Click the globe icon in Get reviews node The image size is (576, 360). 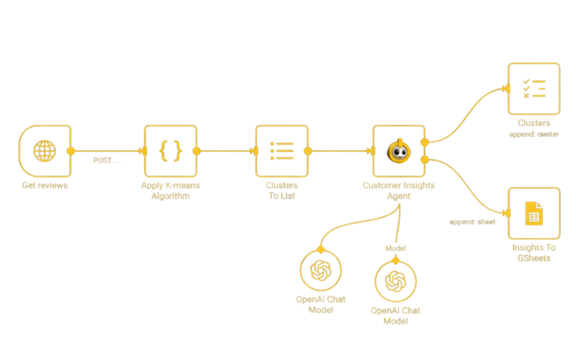tap(44, 151)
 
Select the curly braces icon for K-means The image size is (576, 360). tap(170, 151)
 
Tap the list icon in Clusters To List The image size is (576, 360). tap(282, 151)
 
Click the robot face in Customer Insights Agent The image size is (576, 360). tap(399, 151)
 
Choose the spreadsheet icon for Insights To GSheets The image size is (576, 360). tap(534, 214)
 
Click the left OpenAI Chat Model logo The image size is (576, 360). tap(321, 270)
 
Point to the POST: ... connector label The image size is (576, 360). tap(107, 160)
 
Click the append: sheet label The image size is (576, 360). tap(472, 222)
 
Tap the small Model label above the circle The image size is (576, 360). tap(395, 248)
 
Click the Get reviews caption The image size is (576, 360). tap(44, 185)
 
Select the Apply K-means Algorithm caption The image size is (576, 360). tap(170, 191)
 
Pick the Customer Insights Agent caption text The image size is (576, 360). tap(399, 191)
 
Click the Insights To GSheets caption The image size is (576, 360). tap(534, 253)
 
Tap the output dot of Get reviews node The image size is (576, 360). tap(71, 151)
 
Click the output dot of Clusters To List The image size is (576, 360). tap(308, 151)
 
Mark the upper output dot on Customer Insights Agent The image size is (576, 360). tap(425, 142)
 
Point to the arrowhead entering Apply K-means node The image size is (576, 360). tap(143, 151)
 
